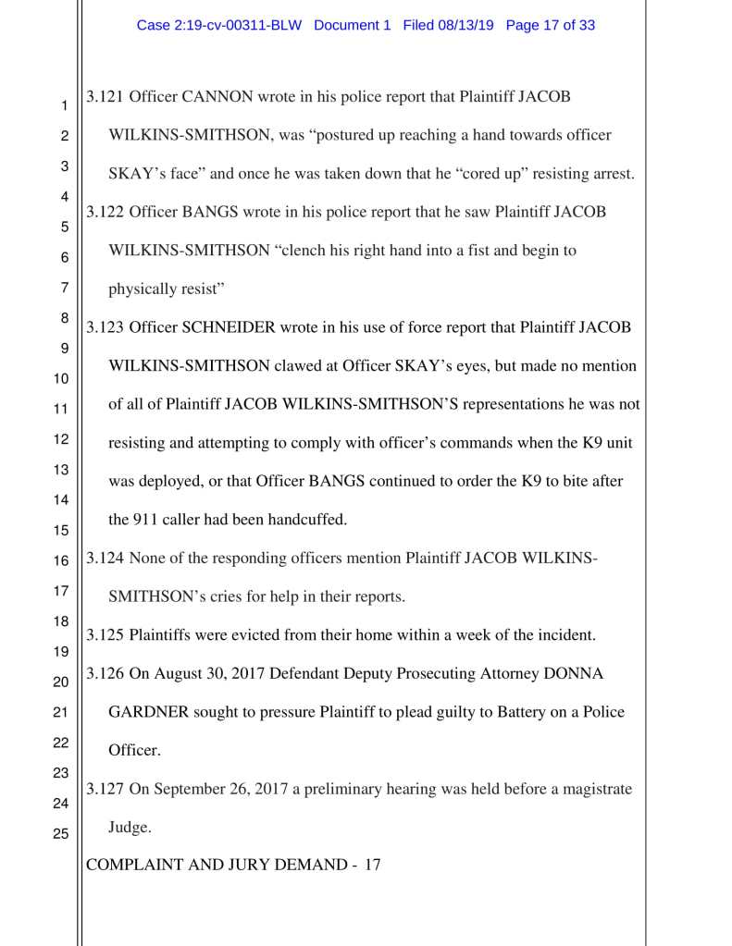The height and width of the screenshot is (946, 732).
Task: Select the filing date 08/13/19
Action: [467, 26]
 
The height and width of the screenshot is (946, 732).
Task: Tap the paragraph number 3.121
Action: [105, 97]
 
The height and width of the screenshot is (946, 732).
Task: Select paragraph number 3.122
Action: [105, 212]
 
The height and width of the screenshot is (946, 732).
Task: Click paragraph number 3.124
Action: [105, 558]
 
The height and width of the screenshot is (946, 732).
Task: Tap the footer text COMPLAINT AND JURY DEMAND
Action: [218, 866]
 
